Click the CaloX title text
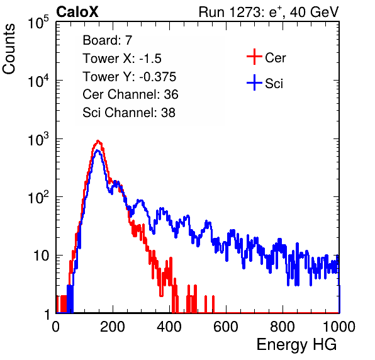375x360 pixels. click(x=77, y=12)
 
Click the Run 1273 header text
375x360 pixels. click(x=269, y=12)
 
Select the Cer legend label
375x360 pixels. click(x=275, y=58)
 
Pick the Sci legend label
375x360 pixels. click(x=274, y=84)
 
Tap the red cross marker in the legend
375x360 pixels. click(x=254, y=57)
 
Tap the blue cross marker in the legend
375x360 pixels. click(x=254, y=82)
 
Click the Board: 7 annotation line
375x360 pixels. click(x=108, y=40)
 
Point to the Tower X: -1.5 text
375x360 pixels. click(x=122, y=59)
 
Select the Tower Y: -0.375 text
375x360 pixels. click(x=130, y=77)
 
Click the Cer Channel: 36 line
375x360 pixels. click(x=130, y=94)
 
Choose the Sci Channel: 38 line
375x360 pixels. click(x=129, y=113)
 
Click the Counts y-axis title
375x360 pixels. click(x=9, y=49)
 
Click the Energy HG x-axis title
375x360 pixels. click(x=296, y=345)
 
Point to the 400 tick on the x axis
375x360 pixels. click(x=169, y=327)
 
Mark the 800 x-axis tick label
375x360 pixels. click(x=283, y=327)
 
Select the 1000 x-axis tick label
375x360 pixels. click(x=339, y=327)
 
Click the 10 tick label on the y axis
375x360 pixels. click(x=41, y=256)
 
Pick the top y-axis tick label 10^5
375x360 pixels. click(x=38, y=22)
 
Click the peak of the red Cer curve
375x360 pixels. click(x=98, y=140)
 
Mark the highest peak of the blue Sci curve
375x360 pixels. click(x=97, y=150)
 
